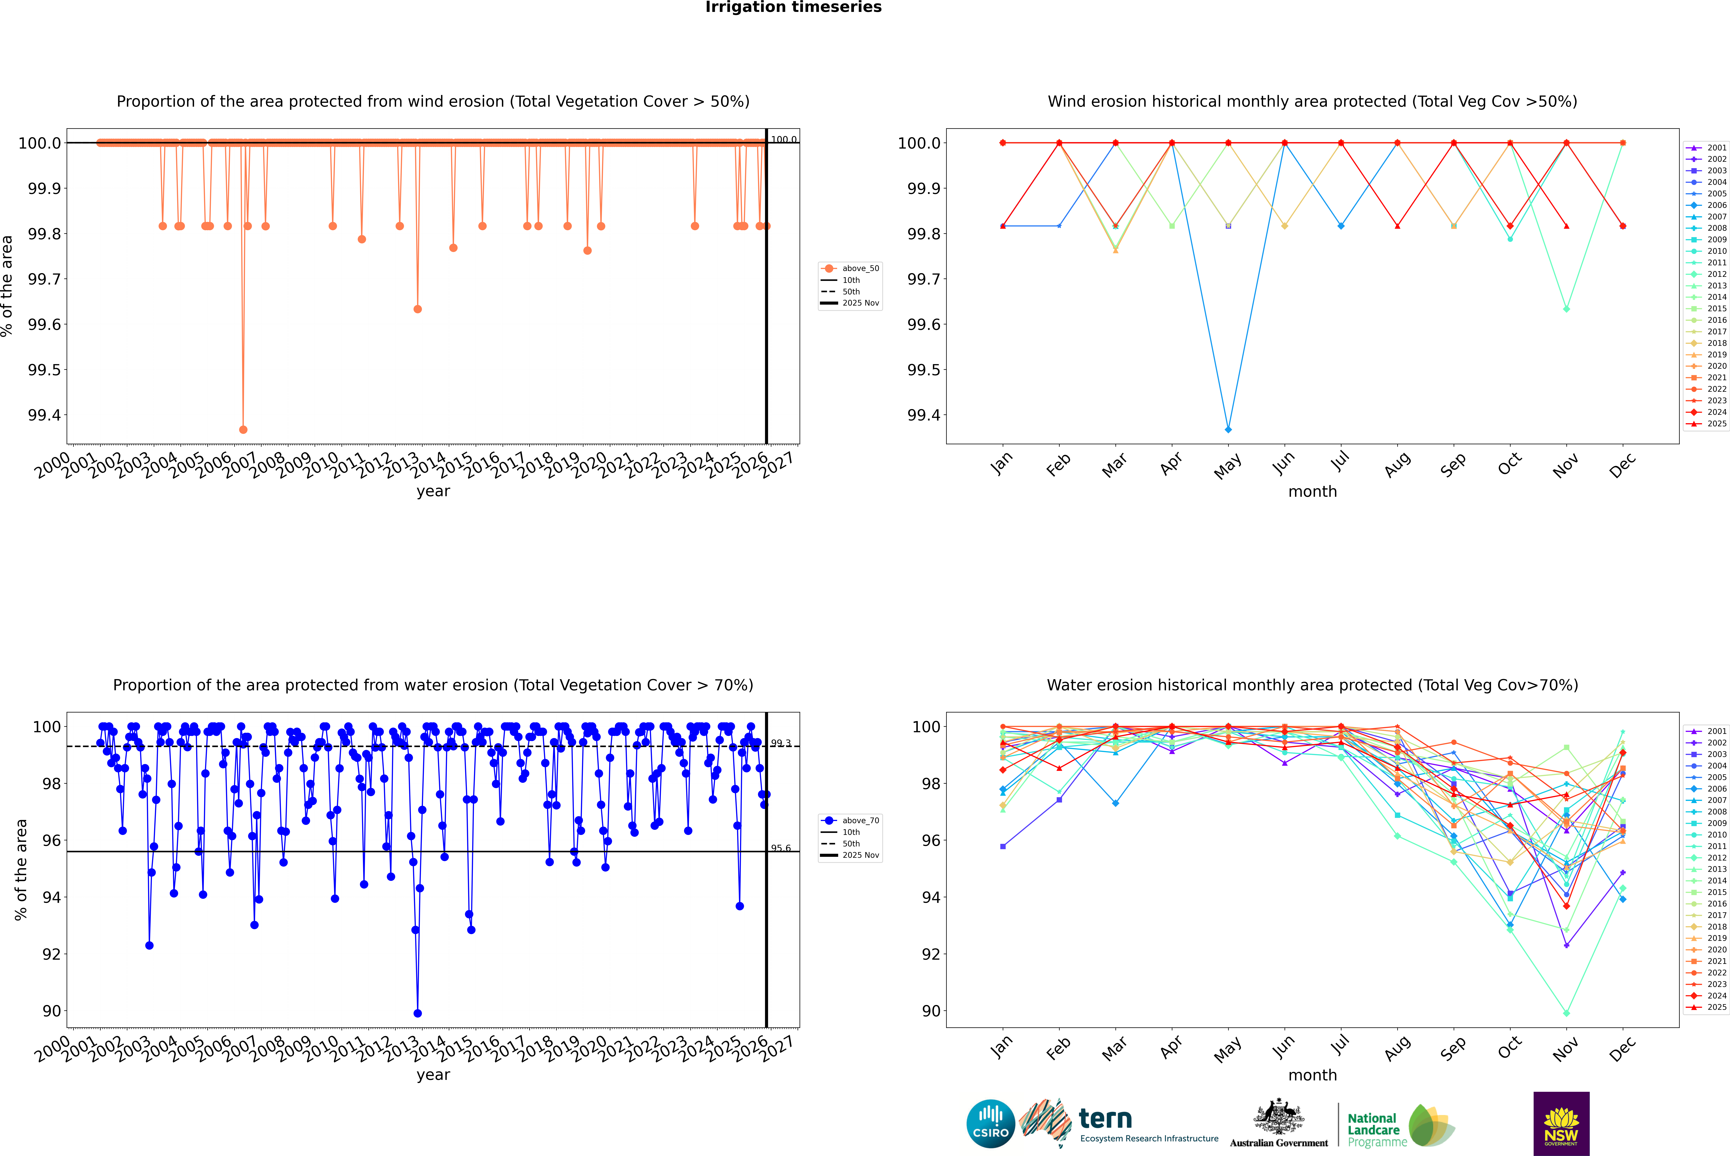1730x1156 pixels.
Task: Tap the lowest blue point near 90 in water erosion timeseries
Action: point(417,1013)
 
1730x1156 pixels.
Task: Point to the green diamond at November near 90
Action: point(1566,1013)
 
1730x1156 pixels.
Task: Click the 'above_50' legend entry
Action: point(860,268)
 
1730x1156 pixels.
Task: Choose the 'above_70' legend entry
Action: point(860,821)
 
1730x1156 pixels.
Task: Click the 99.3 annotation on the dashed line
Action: point(781,743)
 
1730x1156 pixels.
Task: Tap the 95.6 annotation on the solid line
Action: point(781,848)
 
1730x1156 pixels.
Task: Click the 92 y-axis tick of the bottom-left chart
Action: point(52,954)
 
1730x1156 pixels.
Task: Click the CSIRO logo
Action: point(990,1124)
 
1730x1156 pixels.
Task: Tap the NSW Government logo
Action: point(1561,1124)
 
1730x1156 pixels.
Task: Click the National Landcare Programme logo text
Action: point(1373,1129)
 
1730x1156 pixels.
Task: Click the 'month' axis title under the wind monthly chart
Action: point(1312,492)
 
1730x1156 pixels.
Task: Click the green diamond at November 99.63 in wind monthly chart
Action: point(1566,309)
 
